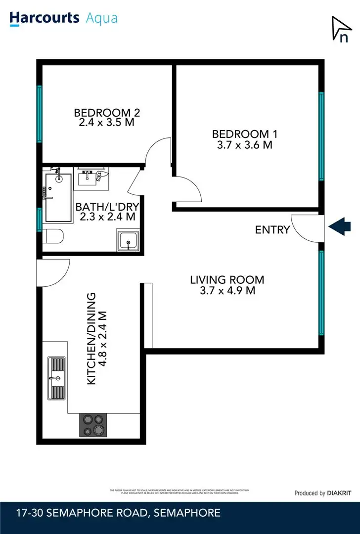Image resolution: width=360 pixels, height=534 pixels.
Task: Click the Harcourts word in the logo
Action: tap(45, 18)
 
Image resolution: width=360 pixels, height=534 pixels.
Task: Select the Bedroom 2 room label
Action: tap(106, 112)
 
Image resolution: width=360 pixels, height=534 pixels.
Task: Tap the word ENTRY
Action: tap(272, 230)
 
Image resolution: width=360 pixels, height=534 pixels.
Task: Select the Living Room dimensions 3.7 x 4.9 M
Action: tap(227, 291)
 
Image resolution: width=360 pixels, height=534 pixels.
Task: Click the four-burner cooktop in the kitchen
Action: tap(93, 425)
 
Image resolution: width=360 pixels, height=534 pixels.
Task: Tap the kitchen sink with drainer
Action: tap(56, 378)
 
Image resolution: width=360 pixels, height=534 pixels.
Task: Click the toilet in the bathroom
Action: tap(52, 237)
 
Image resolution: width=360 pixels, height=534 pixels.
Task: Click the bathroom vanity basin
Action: tap(90, 177)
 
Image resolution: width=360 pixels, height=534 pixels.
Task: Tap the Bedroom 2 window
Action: tap(39, 114)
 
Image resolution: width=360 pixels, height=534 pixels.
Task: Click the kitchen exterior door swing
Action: tap(54, 269)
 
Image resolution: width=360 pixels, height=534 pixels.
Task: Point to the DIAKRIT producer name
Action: tap(339, 493)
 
